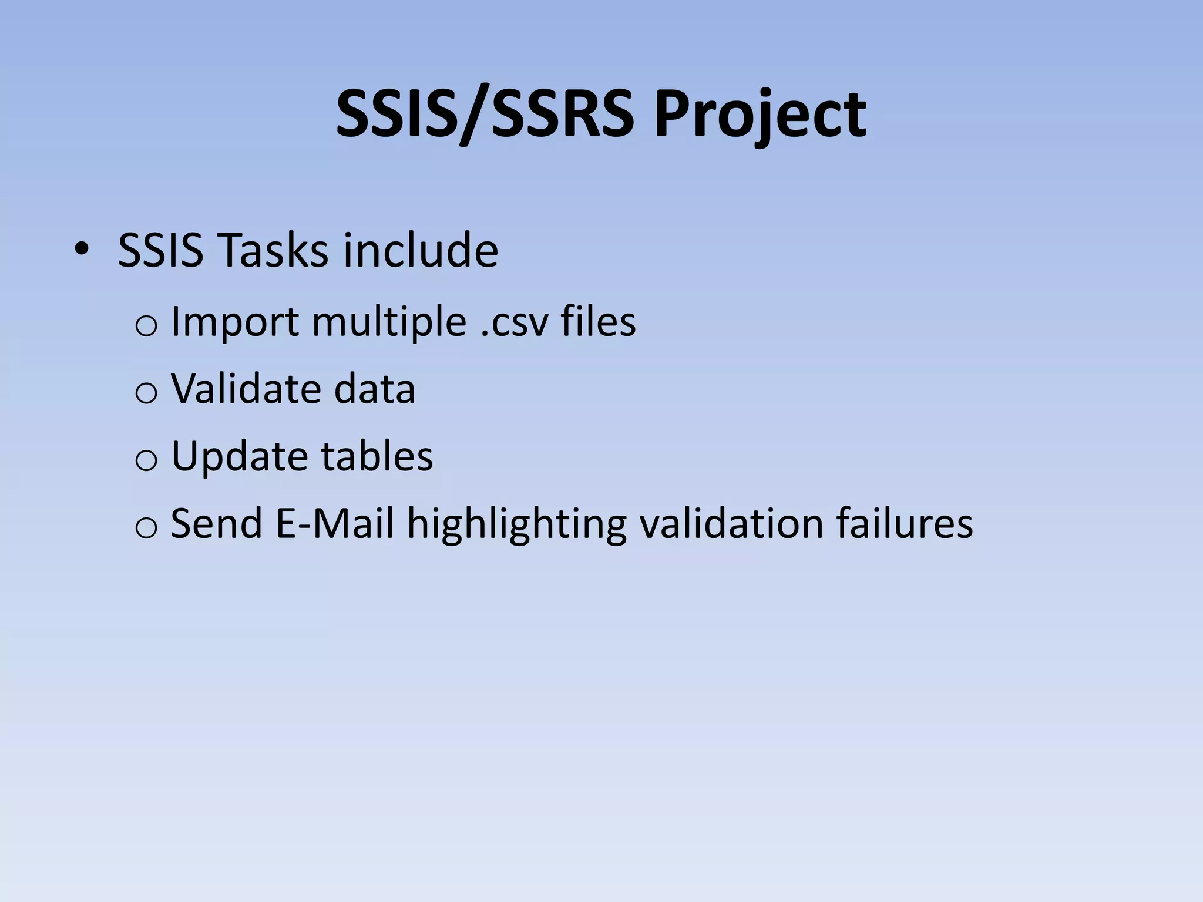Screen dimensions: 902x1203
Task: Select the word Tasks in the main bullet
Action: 273,251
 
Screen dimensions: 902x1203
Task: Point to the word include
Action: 421,251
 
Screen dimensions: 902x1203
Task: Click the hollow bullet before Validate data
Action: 146,393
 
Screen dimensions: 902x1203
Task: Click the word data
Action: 374,389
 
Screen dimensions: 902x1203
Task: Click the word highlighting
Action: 517,524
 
